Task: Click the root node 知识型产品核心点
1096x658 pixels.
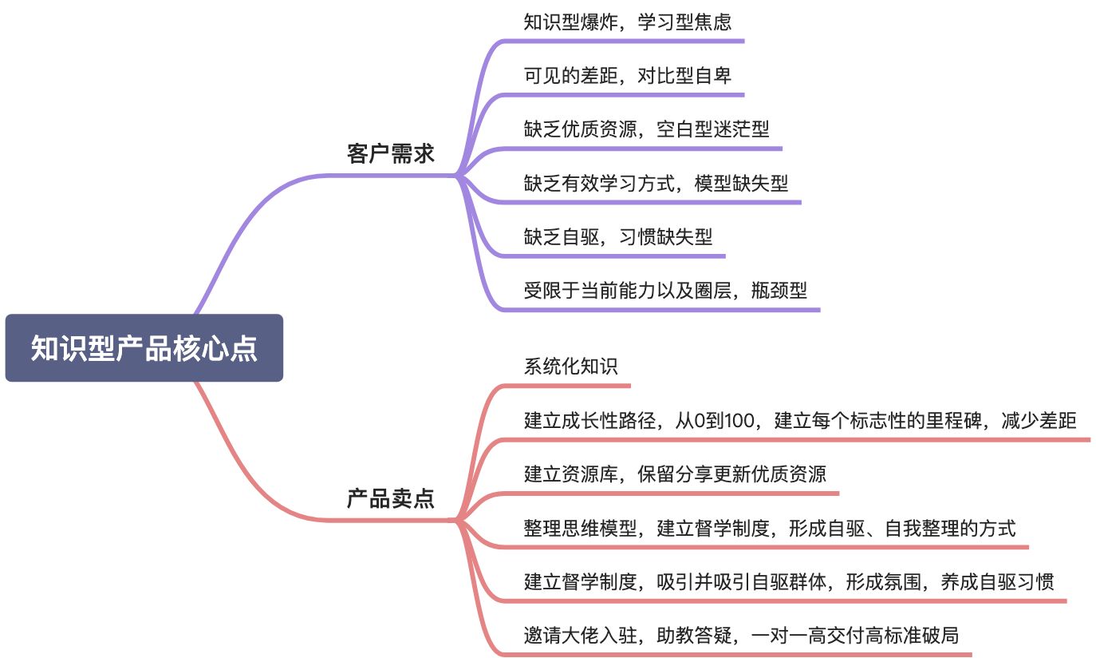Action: coord(144,348)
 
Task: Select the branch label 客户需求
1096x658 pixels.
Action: coord(390,153)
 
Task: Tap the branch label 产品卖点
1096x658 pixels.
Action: coord(390,498)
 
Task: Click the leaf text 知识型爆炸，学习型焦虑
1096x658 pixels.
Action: coord(627,22)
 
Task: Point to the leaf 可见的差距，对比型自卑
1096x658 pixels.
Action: coord(627,75)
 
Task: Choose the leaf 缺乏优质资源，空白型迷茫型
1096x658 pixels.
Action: coord(646,129)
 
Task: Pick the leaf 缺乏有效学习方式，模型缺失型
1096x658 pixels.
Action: coord(656,183)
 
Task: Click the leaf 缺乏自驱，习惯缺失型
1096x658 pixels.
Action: coord(618,236)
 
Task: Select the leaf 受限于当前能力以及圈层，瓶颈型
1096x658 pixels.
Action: coord(665,291)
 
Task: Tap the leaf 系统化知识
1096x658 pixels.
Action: coord(570,367)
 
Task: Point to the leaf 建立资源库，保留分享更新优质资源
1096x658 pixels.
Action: coord(675,474)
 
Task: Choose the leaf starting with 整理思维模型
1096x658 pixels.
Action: coord(769,528)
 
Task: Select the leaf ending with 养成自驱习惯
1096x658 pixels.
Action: coord(788,582)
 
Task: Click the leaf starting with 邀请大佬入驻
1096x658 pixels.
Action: coord(741,636)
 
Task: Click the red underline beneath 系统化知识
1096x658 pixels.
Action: coord(562,386)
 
